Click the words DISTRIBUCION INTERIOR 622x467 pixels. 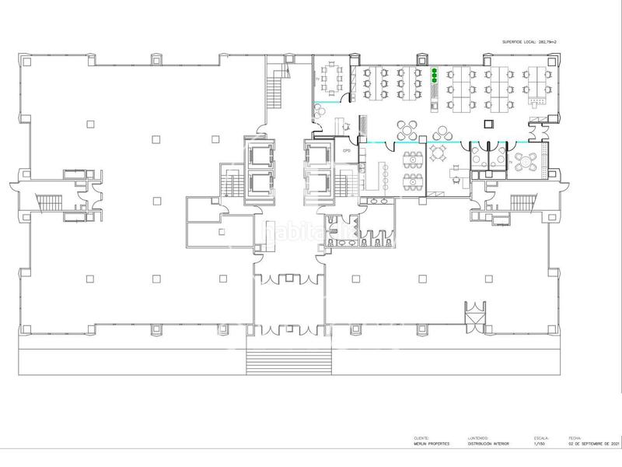click(x=488, y=443)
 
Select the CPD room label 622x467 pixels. click(x=344, y=151)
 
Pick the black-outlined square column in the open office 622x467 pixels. click(x=488, y=123)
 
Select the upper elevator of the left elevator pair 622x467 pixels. click(x=258, y=154)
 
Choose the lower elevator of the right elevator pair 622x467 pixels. click(x=318, y=184)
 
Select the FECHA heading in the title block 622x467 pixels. click(x=575, y=437)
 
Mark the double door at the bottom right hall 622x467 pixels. click(x=473, y=316)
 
